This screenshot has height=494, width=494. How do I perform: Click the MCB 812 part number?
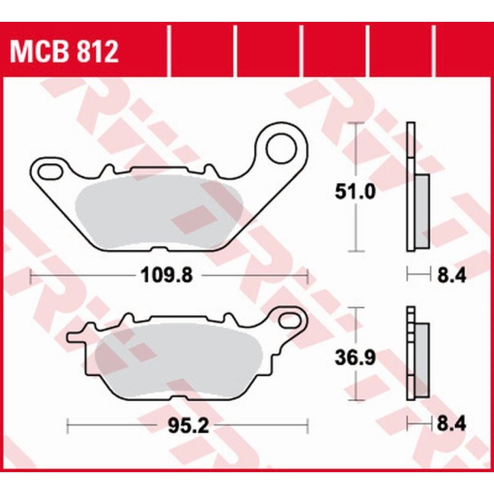point(63,51)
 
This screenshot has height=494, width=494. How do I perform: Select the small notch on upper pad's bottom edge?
point(161,248)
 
